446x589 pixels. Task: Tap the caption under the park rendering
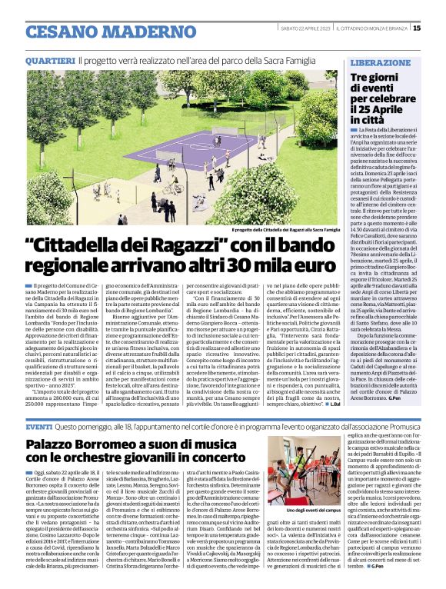[285, 229]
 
